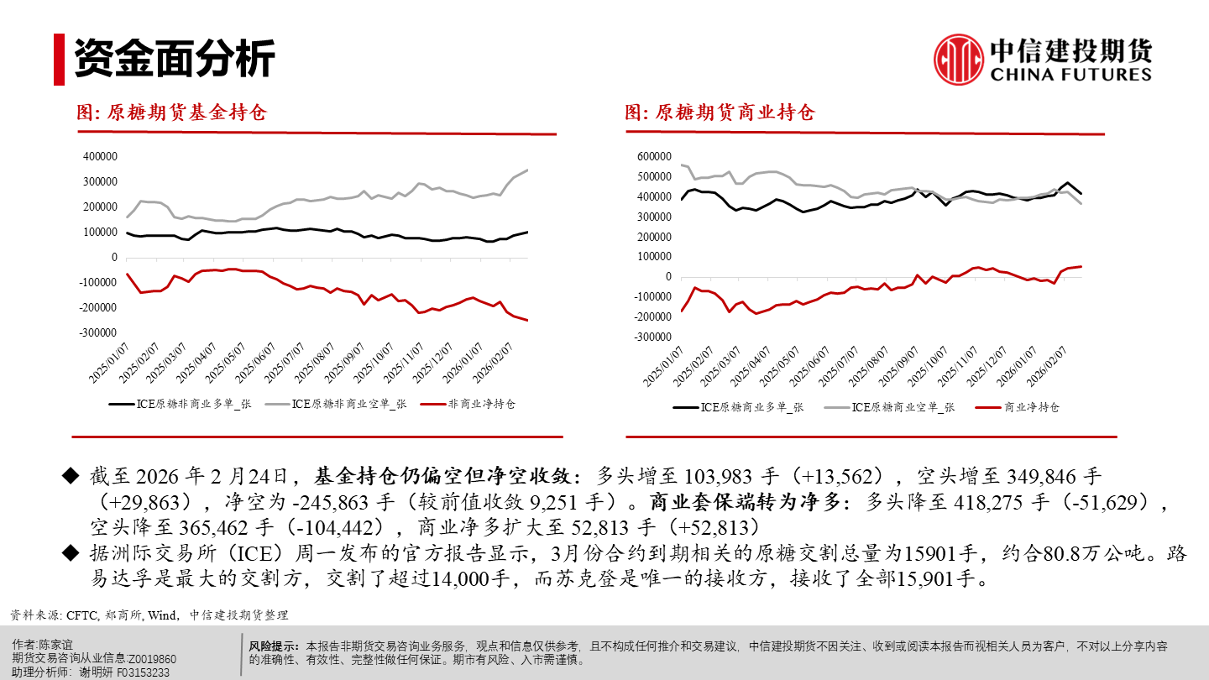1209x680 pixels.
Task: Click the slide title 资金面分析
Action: click(x=175, y=59)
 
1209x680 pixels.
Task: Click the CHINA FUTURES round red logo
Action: click(x=959, y=60)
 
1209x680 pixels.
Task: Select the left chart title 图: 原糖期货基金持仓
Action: click(x=171, y=112)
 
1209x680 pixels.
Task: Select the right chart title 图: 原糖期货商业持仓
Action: click(x=720, y=112)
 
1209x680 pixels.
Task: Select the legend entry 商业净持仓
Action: click(x=1032, y=407)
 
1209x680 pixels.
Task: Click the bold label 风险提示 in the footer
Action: click(x=274, y=646)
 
